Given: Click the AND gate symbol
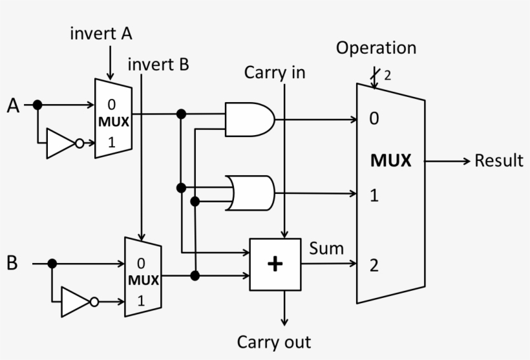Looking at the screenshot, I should [x=249, y=119].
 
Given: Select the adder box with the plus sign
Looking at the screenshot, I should [x=275, y=264].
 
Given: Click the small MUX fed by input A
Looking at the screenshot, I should [x=112, y=119].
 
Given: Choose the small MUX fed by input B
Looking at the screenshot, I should [x=142, y=277].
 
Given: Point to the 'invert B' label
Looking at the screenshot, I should [x=158, y=65].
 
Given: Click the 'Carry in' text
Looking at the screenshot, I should [x=274, y=73].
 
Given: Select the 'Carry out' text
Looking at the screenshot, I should [x=274, y=342].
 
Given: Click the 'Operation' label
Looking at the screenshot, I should [x=376, y=48].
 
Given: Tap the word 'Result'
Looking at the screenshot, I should [x=498, y=160].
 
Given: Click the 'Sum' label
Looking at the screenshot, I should [x=326, y=248].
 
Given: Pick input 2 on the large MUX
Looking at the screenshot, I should [x=374, y=265].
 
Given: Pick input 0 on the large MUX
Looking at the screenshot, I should [x=374, y=120].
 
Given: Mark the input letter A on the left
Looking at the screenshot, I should [x=14, y=105].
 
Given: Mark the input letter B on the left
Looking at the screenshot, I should [x=12, y=263].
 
